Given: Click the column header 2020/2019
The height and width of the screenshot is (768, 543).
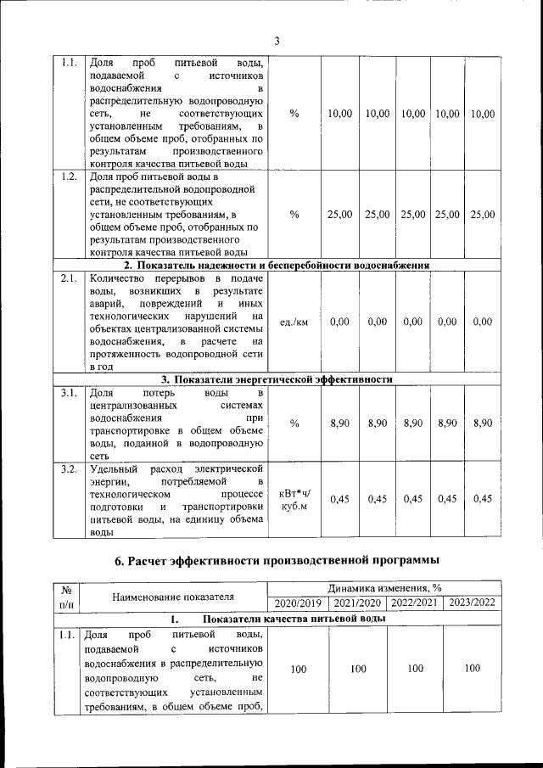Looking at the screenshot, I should click(x=298, y=603).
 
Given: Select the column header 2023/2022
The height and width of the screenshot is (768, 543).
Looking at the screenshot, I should click(x=473, y=603).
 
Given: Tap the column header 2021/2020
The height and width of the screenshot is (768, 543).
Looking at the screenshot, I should click(x=357, y=603).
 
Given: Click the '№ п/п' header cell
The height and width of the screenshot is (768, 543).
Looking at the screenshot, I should click(x=64, y=596).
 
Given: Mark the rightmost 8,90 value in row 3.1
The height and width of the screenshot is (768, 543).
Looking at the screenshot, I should click(x=482, y=423).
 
